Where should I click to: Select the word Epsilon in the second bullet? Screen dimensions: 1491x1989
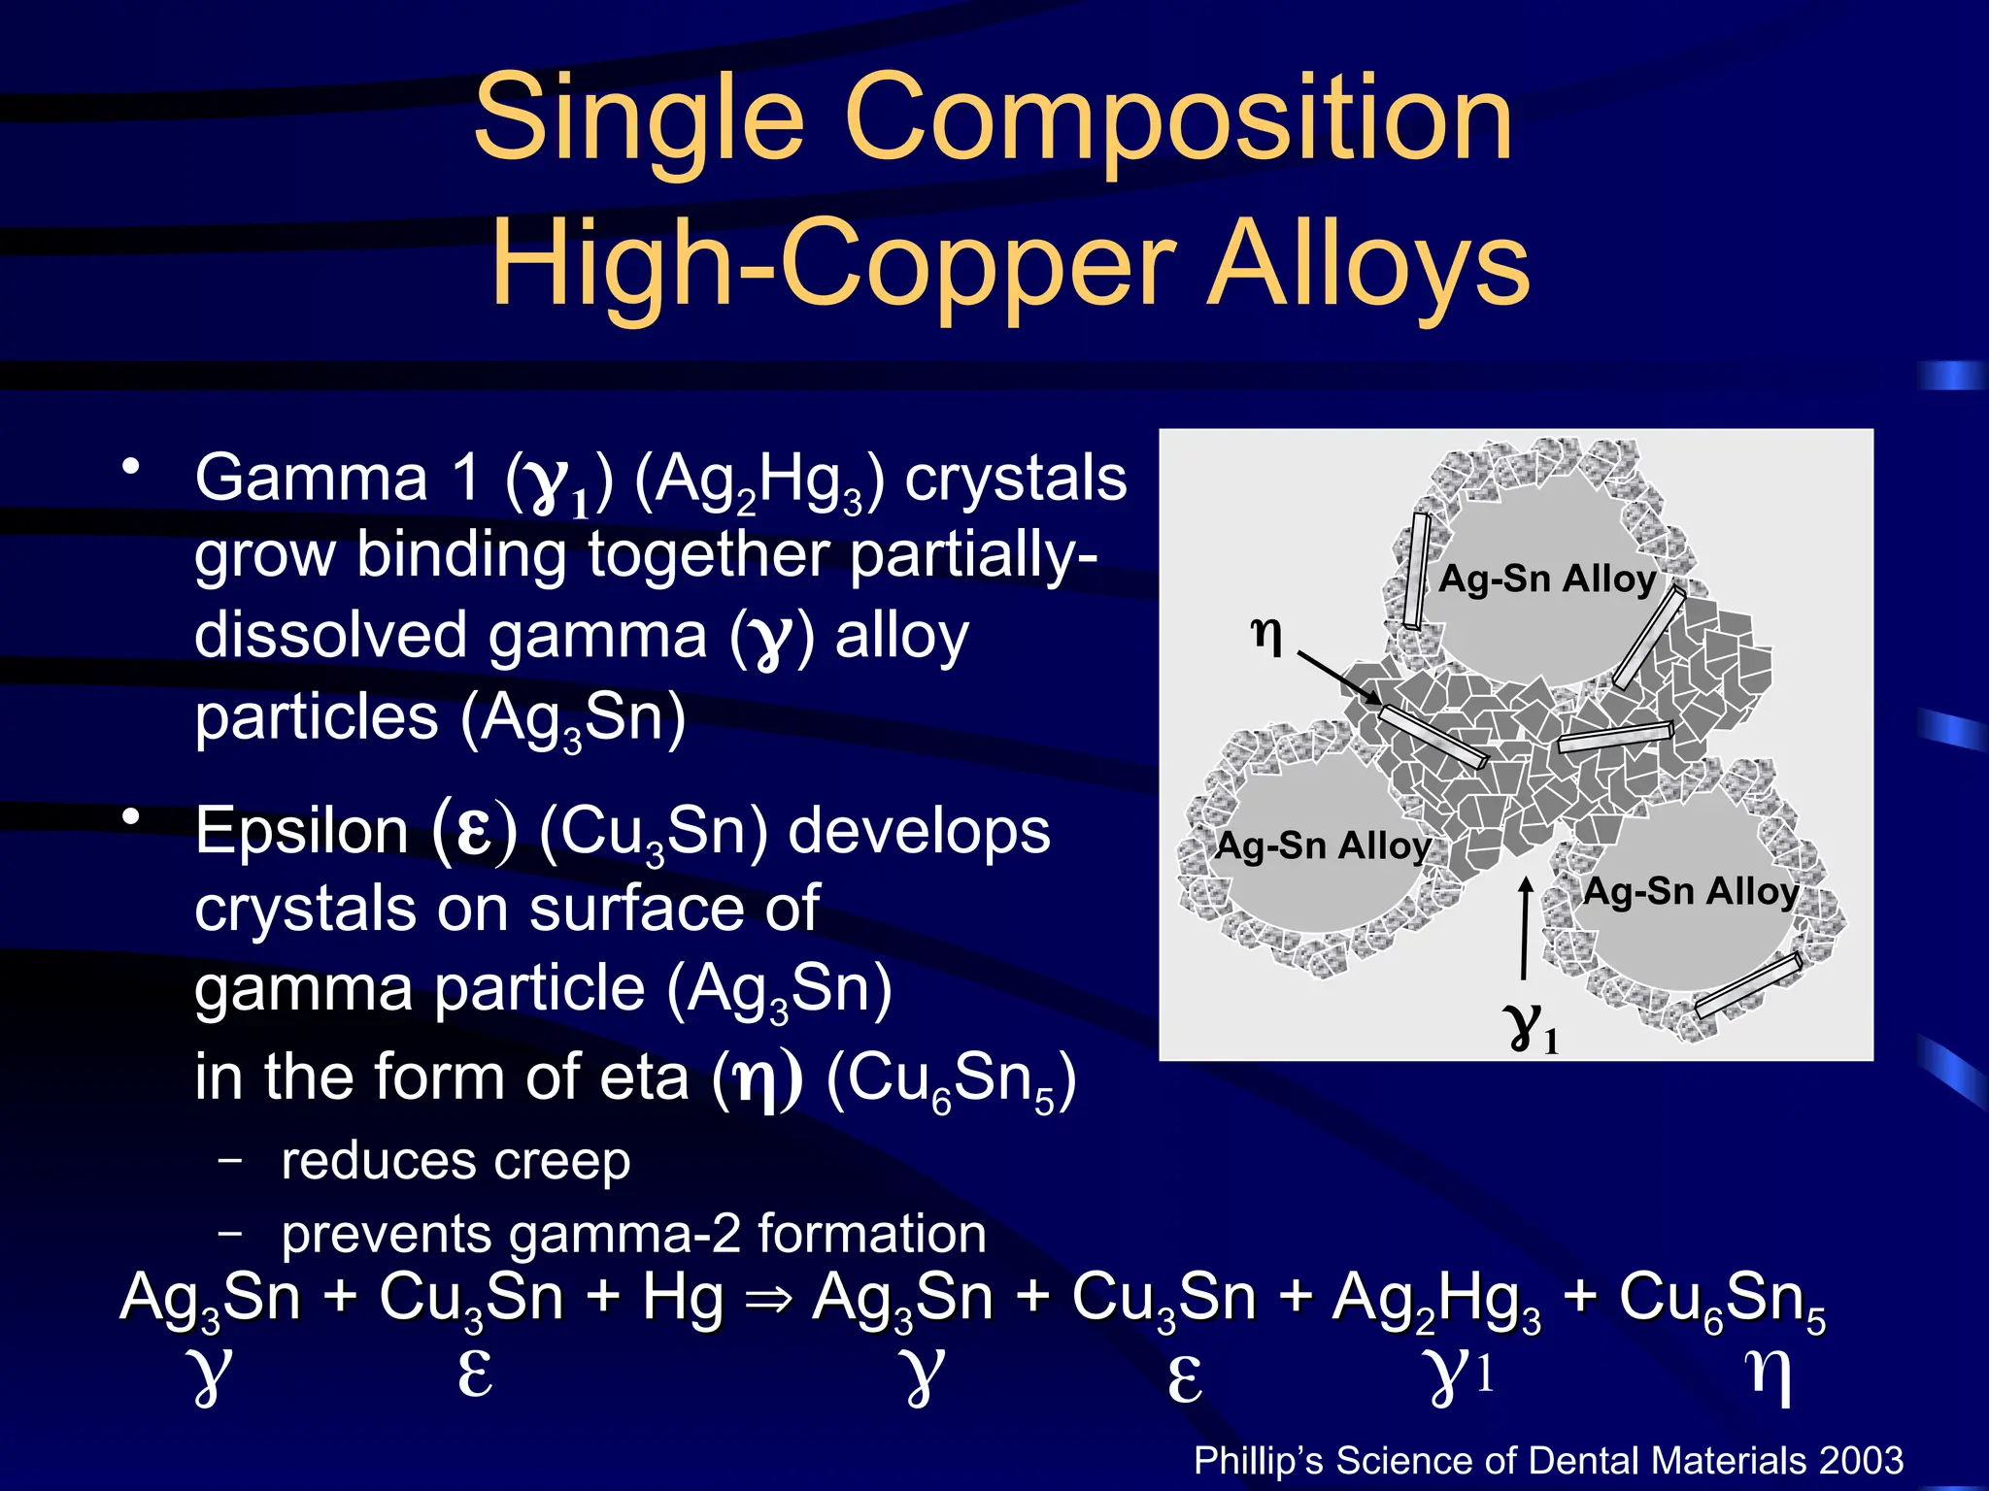tap(301, 832)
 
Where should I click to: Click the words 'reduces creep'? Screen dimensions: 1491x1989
tap(455, 1161)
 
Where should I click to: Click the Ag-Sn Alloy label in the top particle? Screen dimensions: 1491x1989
tap(1546, 579)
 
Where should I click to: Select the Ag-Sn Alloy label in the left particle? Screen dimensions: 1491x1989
tap(1323, 845)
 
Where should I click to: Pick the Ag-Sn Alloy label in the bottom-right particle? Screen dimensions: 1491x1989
tap(1690, 891)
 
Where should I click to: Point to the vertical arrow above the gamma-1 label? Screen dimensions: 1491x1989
tap(1525, 927)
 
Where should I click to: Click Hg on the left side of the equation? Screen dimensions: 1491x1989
tap(682, 1298)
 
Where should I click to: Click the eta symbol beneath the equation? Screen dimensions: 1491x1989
tap(1768, 1376)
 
